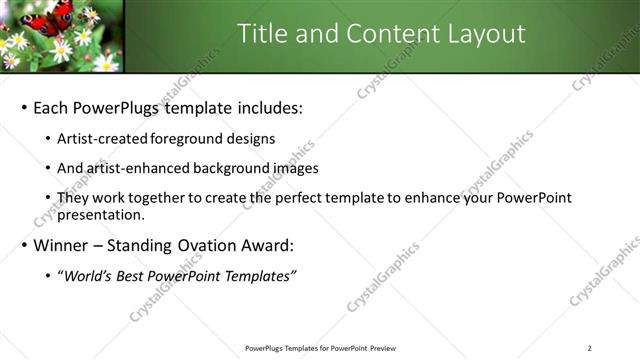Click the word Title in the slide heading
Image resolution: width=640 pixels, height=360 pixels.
(x=263, y=34)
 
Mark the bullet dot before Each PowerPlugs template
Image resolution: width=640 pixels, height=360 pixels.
(x=23, y=108)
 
